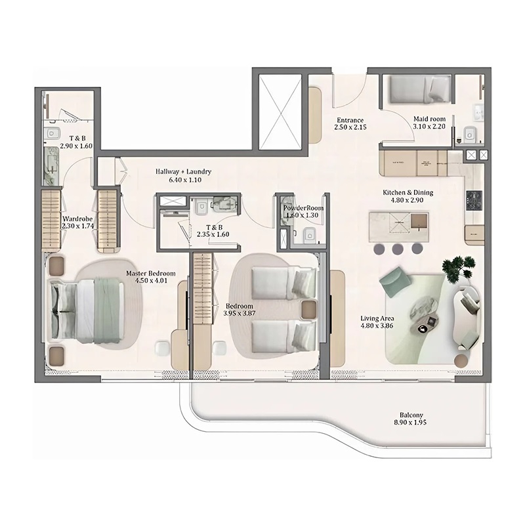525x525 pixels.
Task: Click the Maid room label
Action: click(429, 123)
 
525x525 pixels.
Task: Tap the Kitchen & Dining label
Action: click(408, 197)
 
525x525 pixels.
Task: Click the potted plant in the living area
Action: click(459, 267)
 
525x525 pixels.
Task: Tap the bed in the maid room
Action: click(416, 89)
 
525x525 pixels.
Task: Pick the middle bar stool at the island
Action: click(398, 249)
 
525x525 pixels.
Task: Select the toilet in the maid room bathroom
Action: click(470, 134)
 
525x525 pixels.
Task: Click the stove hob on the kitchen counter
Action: click(473, 199)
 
